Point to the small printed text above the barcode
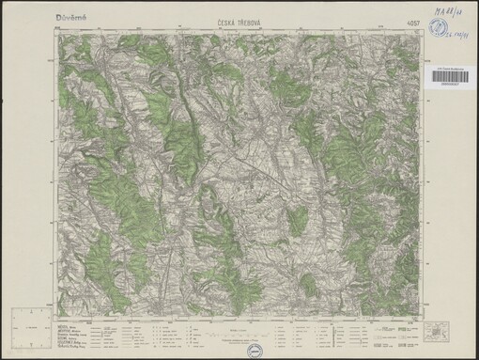[x=458, y=68]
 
